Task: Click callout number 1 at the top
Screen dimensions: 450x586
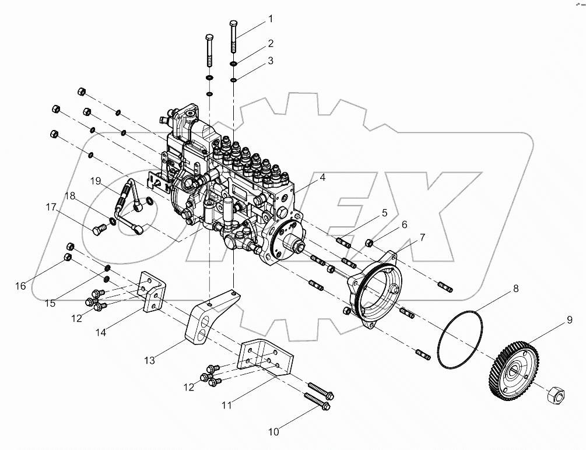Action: pyautogui.click(x=270, y=19)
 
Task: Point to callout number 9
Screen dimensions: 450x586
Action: pyautogui.click(x=552, y=319)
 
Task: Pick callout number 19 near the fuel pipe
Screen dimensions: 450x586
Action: pyautogui.click(x=96, y=181)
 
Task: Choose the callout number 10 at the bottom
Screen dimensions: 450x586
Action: pyautogui.click(x=274, y=432)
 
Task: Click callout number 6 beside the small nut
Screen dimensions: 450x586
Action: pyautogui.click(x=403, y=224)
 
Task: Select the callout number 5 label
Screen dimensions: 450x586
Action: pyautogui.click(x=384, y=213)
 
